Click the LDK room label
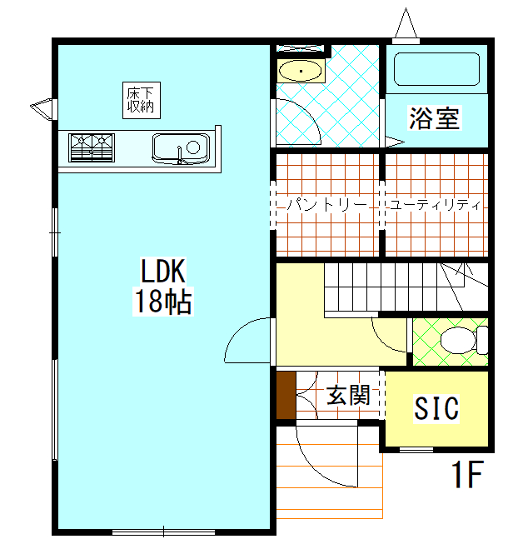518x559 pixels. [x=163, y=271]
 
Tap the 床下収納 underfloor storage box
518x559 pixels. [x=142, y=100]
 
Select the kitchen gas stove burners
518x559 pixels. [x=92, y=147]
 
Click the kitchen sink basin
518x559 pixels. [x=181, y=148]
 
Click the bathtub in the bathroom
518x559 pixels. [x=436, y=69]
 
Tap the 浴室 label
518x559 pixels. [x=434, y=118]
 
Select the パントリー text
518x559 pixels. [x=327, y=205]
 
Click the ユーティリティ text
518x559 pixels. [x=436, y=205]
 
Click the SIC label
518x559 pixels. [x=436, y=408]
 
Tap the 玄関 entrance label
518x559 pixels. [x=348, y=396]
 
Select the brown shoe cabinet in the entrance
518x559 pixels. [x=286, y=396]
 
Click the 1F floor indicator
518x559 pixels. [x=467, y=474]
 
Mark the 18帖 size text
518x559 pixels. [x=163, y=302]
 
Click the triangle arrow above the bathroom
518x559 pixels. [x=406, y=25]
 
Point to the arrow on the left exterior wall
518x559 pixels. [x=43, y=109]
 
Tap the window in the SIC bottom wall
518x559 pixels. [x=416, y=450]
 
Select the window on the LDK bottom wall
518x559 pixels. [x=163, y=532]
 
